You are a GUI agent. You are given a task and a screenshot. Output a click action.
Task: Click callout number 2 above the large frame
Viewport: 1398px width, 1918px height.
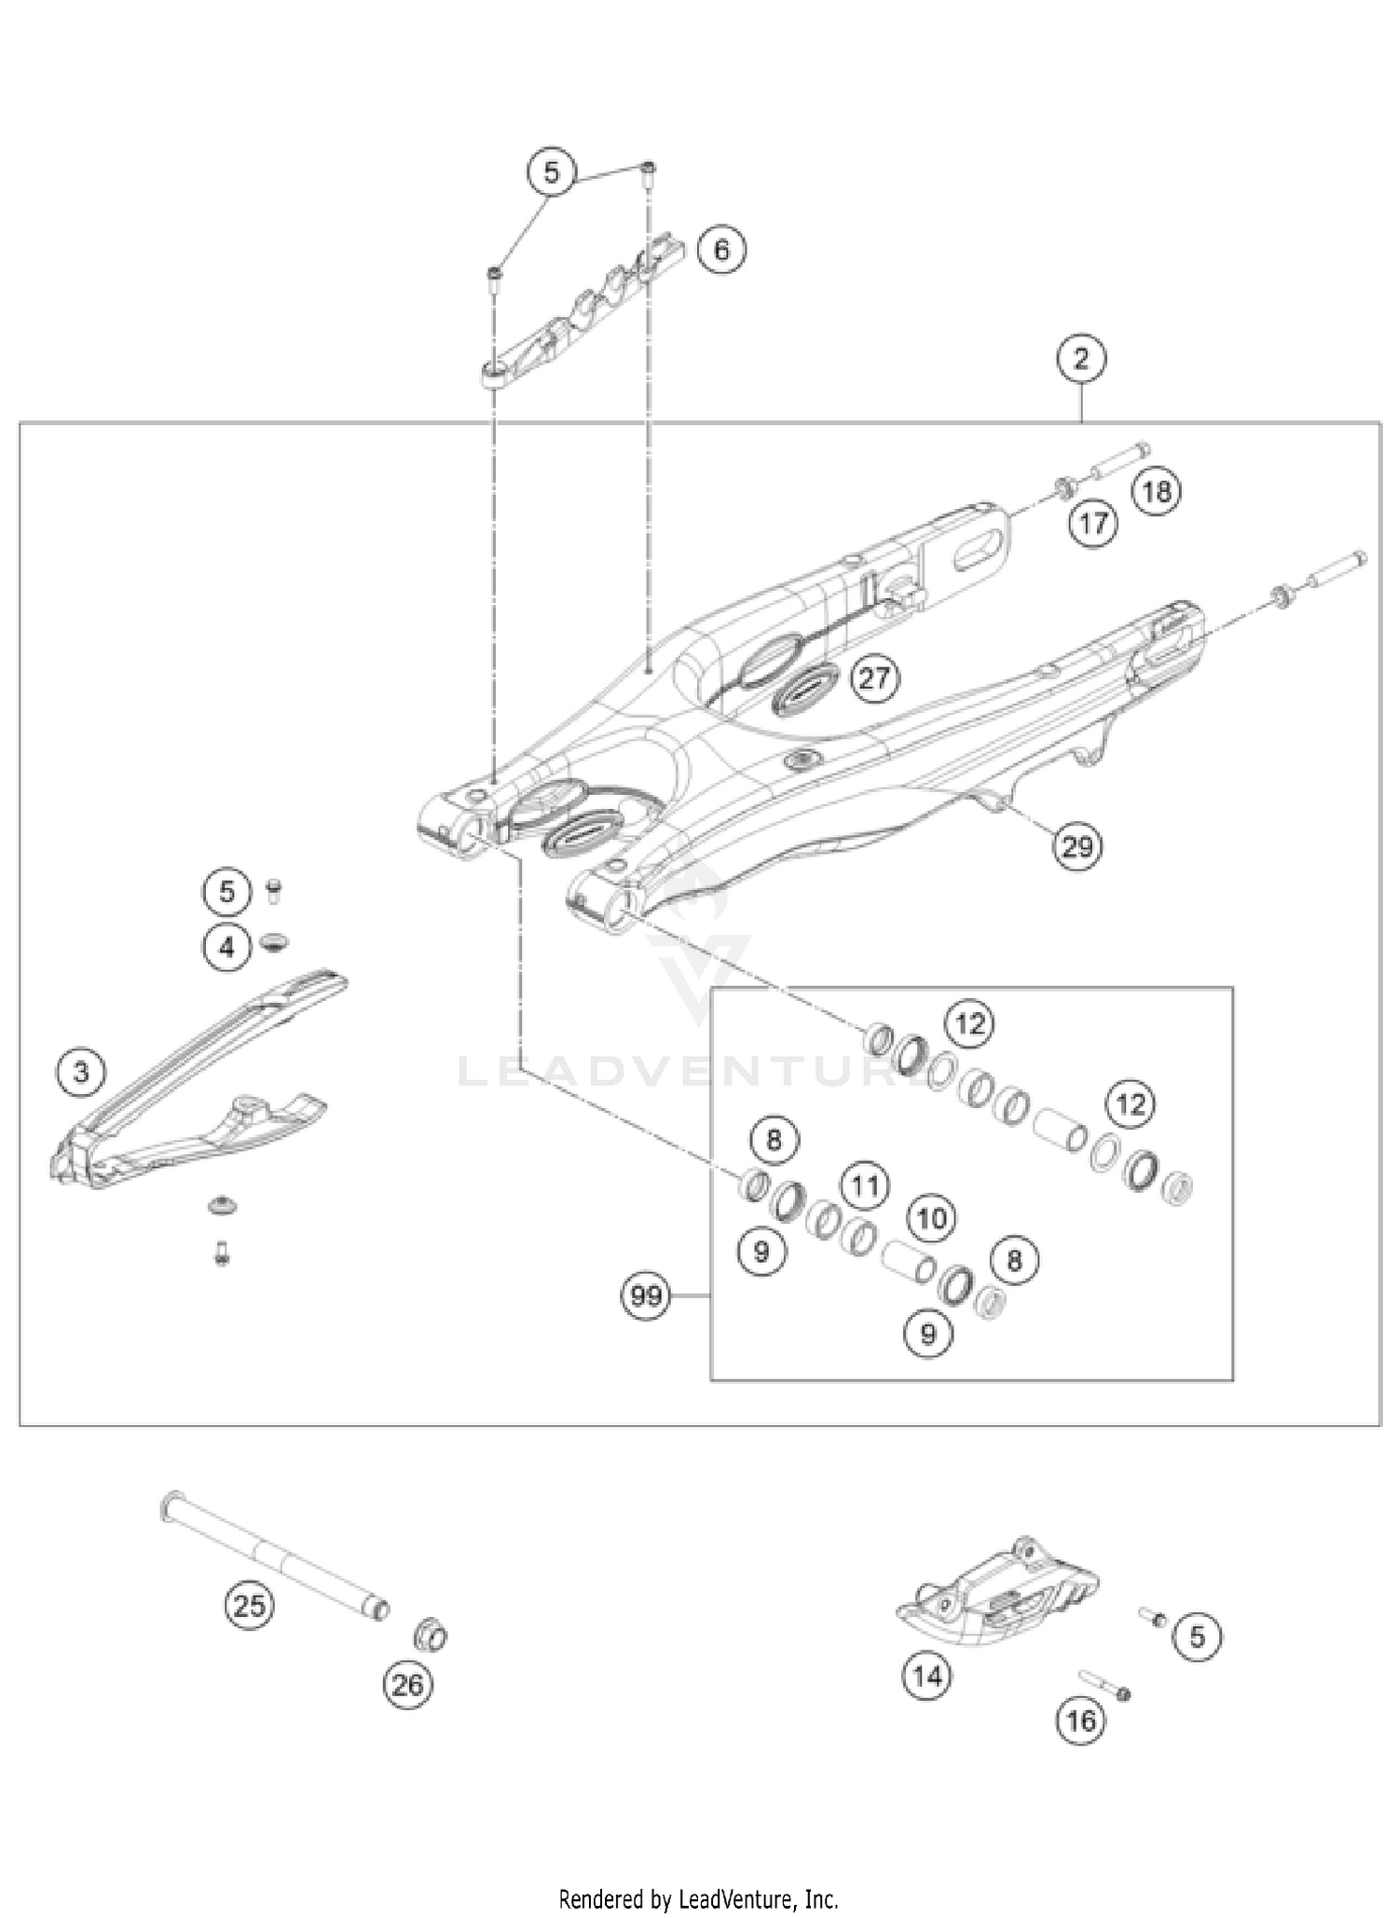[1080, 359]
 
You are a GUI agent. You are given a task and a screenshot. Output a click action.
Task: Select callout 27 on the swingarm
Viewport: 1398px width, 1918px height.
[873, 678]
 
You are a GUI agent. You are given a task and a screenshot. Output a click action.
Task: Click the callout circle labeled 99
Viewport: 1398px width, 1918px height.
[646, 1295]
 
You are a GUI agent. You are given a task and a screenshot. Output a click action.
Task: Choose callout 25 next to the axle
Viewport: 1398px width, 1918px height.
[249, 1605]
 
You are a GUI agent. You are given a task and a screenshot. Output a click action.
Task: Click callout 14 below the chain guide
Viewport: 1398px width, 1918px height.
[926, 1677]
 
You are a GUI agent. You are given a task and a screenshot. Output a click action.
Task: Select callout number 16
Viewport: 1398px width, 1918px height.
[1080, 1719]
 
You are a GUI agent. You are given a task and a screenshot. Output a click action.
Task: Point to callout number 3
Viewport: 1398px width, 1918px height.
[81, 1072]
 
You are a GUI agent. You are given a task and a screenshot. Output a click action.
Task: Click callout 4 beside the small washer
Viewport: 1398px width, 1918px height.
[226, 948]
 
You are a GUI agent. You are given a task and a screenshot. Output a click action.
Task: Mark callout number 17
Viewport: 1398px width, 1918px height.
[1092, 523]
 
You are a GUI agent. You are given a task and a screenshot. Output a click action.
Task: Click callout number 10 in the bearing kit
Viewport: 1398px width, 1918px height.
[931, 1217]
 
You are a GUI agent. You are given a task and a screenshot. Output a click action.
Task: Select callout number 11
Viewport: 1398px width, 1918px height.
[865, 1186]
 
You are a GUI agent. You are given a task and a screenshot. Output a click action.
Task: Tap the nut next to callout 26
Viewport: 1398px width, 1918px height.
[430, 1635]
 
